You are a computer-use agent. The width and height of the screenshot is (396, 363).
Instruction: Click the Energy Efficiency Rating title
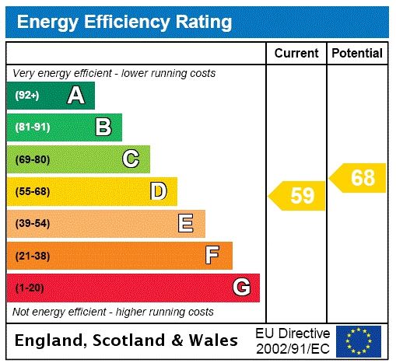click(x=124, y=22)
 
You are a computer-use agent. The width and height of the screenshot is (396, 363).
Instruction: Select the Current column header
click(x=296, y=54)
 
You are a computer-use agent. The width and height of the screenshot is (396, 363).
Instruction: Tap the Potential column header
click(x=357, y=54)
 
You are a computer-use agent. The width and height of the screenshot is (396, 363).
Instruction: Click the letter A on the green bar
click(x=75, y=96)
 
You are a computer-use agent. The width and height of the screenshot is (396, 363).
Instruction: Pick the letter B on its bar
click(x=103, y=127)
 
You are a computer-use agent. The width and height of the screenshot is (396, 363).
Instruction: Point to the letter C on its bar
click(x=131, y=159)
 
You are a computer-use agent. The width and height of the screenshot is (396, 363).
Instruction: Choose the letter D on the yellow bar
click(x=158, y=191)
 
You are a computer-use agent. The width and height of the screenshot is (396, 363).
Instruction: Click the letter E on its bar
click(x=186, y=224)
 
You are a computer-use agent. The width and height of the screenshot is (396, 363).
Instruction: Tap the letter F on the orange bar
click(x=212, y=256)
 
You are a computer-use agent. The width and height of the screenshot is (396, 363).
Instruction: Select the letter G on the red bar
click(x=241, y=288)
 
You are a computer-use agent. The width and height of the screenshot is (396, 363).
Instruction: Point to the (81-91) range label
click(x=32, y=127)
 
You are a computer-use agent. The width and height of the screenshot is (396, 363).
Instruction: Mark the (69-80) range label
click(x=32, y=159)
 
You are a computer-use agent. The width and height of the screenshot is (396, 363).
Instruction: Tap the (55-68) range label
click(x=32, y=191)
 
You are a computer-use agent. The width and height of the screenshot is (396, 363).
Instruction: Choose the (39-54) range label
click(x=32, y=224)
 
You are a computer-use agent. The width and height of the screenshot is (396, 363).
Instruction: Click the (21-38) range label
click(x=32, y=256)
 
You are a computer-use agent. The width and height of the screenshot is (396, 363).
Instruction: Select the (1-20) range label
click(x=30, y=288)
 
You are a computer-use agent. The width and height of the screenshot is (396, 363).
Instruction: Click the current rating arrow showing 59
click(x=297, y=195)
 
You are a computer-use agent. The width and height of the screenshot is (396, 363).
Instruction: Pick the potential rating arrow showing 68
click(x=358, y=178)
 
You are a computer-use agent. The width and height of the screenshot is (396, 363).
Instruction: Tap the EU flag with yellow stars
click(x=359, y=340)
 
